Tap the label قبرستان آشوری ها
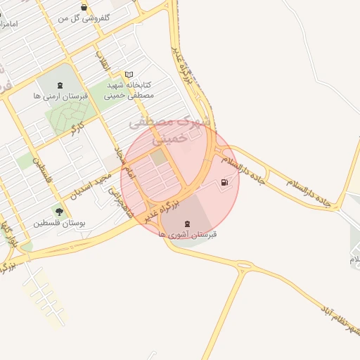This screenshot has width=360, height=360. [188, 234]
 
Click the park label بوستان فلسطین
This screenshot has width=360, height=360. [59, 223]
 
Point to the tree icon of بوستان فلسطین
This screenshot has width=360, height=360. [58, 212]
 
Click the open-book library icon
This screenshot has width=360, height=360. [128, 74]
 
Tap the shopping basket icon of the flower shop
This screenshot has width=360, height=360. [84, 8]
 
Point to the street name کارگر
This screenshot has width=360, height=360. [72, 127]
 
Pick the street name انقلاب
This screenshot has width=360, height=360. [104, 60]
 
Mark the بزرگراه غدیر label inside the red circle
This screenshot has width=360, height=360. [161, 211]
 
